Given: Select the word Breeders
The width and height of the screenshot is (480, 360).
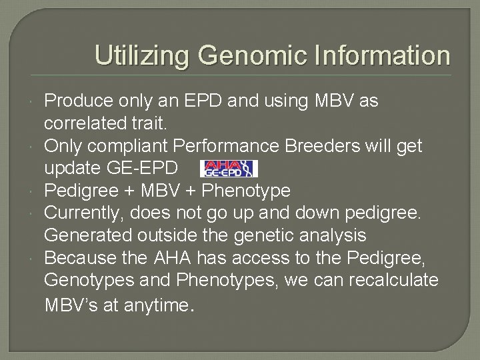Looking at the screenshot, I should pyautogui.click(x=329, y=146).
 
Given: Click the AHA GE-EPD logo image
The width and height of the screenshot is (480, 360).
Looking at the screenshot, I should pyautogui.click(x=229, y=169).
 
